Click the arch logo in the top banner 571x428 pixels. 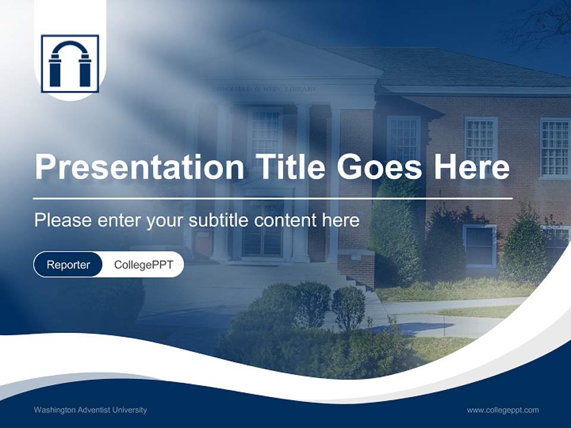[x=70, y=64]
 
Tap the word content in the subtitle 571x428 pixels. [x=285, y=221]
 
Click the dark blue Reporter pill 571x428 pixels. [x=68, y=265]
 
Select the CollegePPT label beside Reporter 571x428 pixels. [x=143, y=265]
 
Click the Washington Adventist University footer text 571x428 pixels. [x=90, y=410]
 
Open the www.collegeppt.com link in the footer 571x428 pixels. [x=503, y=410]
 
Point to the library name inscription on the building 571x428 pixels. [x=265, y=89]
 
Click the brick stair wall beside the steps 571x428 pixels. [x=356, y=267]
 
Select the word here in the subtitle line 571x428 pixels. [x=340, y=221]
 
